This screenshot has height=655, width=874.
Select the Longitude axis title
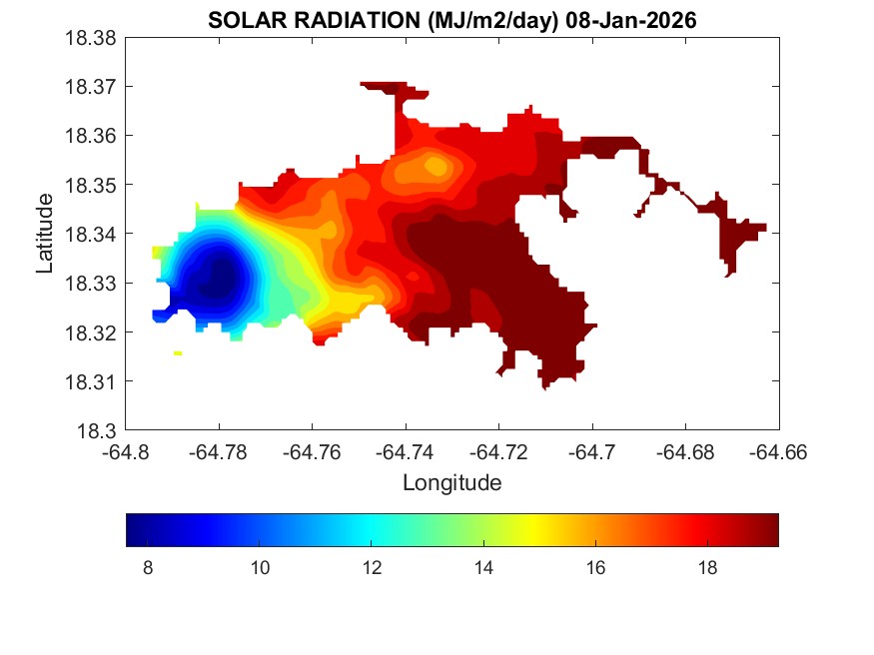click(451, 483)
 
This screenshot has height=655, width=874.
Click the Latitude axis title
click(45, 234)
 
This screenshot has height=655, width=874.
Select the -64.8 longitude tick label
click(127, 451)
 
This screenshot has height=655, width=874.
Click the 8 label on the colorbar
click(148, 569)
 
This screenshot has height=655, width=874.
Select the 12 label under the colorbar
click(372, 569)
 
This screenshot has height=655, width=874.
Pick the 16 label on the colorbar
click(595, 569)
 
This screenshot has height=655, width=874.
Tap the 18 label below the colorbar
click(707, 569)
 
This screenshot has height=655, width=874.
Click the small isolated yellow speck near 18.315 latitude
click(178, 352)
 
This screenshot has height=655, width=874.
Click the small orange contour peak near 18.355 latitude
click(435, 166)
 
